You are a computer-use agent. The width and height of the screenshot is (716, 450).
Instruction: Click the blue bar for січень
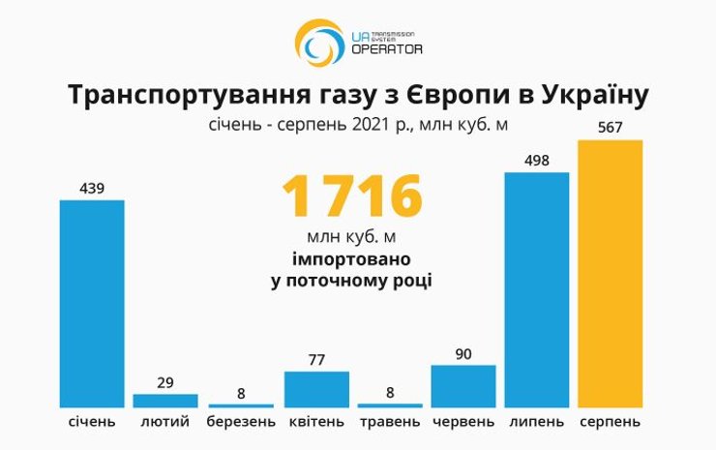92,303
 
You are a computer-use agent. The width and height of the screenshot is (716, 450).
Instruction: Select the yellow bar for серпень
610,273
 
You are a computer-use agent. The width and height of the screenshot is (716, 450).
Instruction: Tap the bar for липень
537,289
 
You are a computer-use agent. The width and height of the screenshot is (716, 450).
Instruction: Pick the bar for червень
462,386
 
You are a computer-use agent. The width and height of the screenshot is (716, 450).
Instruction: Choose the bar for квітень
316,389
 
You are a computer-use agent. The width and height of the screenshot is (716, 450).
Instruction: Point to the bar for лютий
165,400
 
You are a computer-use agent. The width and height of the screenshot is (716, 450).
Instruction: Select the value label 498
537,161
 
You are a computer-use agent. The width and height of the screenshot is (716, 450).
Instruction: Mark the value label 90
462,354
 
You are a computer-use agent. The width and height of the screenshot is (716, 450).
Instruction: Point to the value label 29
165,382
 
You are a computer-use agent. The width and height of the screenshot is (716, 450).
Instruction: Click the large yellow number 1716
352,196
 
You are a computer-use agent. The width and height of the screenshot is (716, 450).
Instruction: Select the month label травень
390,423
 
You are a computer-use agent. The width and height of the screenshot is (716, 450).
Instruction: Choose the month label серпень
610,423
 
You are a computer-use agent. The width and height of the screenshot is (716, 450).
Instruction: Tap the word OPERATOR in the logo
387,48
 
